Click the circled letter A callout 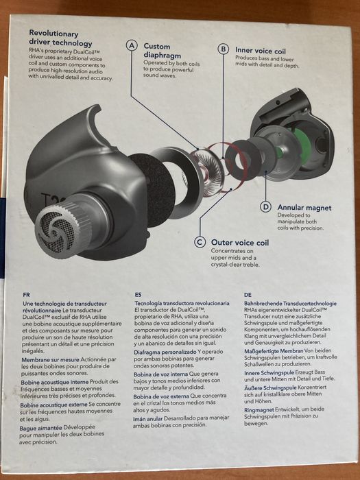[132, 46]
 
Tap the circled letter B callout [223, 49]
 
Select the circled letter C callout [200, 243]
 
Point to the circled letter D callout [265, 207]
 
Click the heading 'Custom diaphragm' [163, 51]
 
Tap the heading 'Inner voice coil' [261, 51]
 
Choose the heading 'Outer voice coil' [240, 243]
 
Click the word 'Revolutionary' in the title [53, 34]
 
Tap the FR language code [26, 295]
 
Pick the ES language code [138, 295]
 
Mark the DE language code [248, 295]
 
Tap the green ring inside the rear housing [302, 146]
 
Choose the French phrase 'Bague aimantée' [40, 428]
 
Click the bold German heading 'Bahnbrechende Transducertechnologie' [290, 303]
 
